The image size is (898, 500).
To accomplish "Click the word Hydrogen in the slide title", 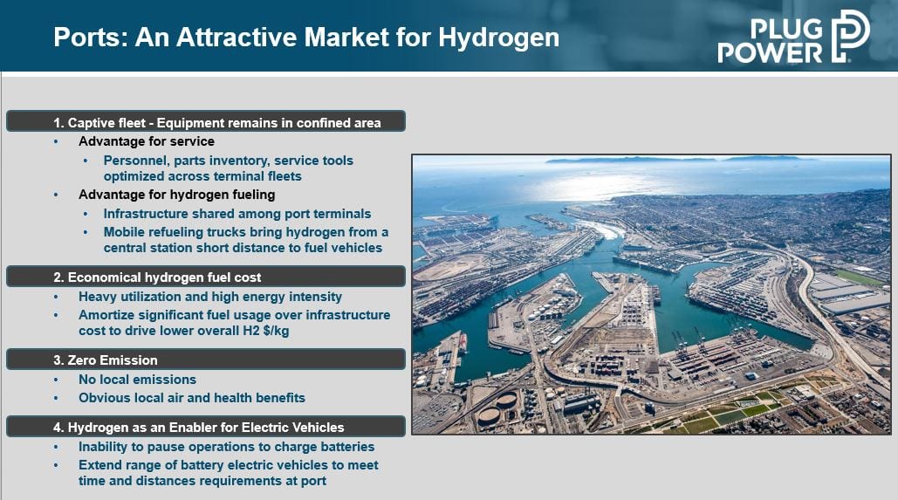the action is pos(499,38).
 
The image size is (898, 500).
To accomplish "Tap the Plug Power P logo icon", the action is pos(851,36).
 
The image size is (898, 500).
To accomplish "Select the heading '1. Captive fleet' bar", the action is pos(206,122).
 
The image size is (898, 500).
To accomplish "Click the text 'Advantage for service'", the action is pos(147,141).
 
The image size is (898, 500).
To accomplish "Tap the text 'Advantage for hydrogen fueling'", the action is pos(177,195).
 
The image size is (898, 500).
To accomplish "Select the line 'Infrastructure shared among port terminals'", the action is pos(237,214).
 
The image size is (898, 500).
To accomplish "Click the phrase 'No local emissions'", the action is pos(138,380).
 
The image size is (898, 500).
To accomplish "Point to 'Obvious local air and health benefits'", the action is pos(192,398).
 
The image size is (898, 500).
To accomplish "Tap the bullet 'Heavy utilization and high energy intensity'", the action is pos(210,297).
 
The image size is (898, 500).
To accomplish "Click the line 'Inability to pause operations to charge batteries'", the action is pos(226,447).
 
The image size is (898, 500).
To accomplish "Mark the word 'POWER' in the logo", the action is pos(770,52).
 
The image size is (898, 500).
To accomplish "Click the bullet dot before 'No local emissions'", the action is pos(56,380).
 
